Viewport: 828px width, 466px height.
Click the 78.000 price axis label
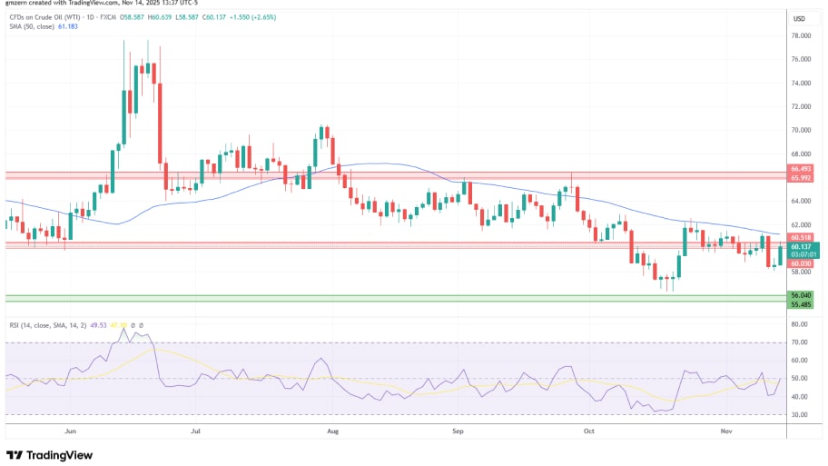800,35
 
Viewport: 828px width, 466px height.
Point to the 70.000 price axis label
800,130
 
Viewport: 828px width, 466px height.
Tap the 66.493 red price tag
800,169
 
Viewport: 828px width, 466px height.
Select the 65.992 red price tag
800,177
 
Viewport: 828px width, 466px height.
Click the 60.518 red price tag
800,237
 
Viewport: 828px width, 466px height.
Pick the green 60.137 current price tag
800,246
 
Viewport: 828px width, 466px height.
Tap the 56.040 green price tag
800,295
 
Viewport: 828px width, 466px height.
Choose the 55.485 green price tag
800,304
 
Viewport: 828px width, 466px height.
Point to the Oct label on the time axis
589,432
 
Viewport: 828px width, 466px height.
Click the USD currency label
799,18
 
